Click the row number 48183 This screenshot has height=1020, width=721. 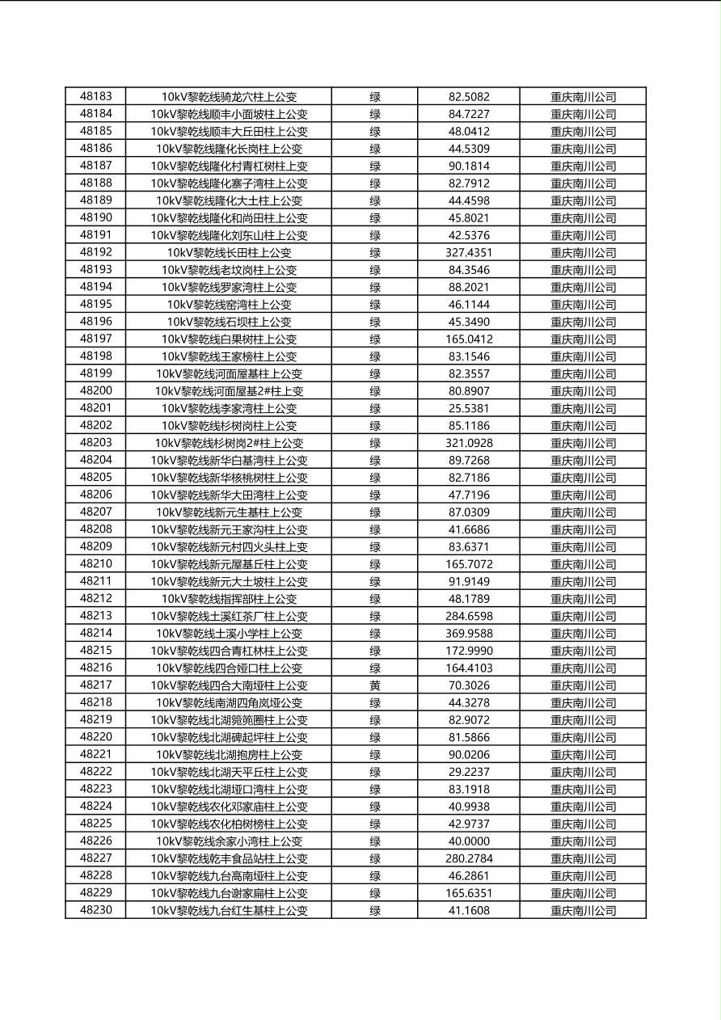pos(96,96)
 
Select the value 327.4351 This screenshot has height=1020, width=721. pos(469,252)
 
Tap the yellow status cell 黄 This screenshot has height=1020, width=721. pos(375,685)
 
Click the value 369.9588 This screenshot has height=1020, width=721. pos(469,634)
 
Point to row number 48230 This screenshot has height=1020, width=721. pos(96,910)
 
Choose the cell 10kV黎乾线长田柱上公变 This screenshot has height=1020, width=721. pos(229,252)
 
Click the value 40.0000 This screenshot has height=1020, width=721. pos(469,841)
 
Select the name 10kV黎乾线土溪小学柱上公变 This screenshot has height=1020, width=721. pos(229,634)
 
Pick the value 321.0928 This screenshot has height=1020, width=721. pos(469,443)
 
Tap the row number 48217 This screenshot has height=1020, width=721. pos(96,685)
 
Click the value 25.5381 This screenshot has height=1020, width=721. pos(469,408)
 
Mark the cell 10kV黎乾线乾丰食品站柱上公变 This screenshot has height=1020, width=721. pos(229,858)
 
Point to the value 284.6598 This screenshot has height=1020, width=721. pos(469,616)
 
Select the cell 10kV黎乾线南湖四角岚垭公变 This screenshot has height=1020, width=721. pos(229,702)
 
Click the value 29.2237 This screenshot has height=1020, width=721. pos(469,772)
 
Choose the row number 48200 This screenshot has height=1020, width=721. pos(96,391)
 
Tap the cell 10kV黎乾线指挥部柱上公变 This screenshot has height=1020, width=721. pos(229,599)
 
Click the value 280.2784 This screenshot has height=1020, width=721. pos(469,858)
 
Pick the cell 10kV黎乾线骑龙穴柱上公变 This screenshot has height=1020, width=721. pos(229,96)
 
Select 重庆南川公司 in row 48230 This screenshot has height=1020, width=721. pos(583,910)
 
